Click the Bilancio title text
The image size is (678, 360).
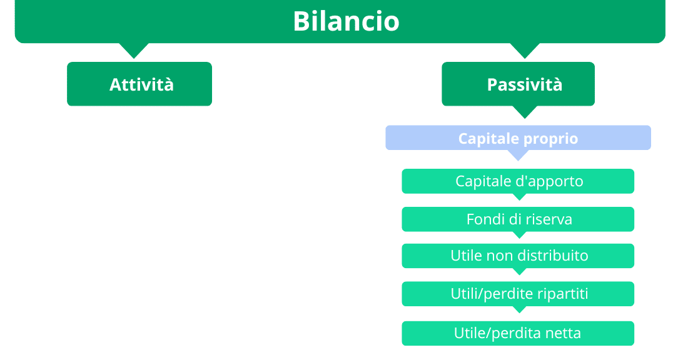point(346,21)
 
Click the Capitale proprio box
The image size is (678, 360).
point(518,137)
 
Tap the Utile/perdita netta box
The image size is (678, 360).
point(518,333)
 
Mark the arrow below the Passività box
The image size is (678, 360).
point(524,112)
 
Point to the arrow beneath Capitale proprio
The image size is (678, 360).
point(518,155)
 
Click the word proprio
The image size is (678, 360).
point(550,138)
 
